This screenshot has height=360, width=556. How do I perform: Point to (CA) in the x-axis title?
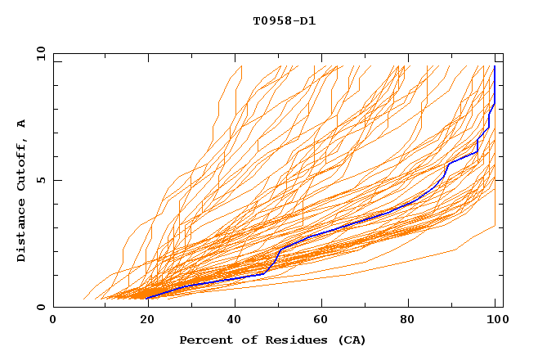pyautogui.click(x=352, y=340)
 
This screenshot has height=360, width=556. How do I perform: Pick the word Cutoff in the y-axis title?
pyautogui.click(x=21, y=161)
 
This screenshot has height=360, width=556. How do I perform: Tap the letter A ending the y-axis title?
pyautogui.click(x=21, y=123)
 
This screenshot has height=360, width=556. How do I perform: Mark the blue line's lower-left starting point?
pyautogui.click(x=147, y=299)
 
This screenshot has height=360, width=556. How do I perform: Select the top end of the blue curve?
pyautogui.click(x=495, y=66)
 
